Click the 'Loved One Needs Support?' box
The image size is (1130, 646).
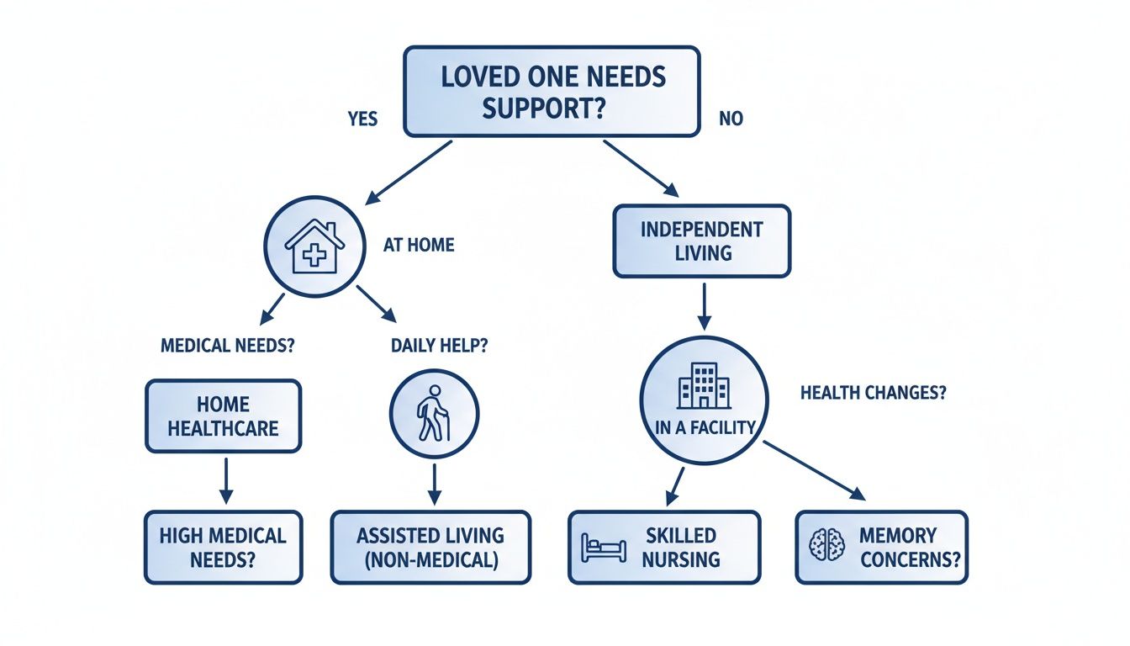click(552, 92)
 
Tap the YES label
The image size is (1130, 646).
click(362, 119)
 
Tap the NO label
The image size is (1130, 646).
click(731, 119)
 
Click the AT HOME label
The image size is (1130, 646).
click(419, 246)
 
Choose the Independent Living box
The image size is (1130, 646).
click(701, 241)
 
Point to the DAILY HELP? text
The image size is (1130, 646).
click(439, 345)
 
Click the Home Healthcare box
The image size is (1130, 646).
click(223, 416)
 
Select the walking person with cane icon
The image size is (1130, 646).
click(434, 414)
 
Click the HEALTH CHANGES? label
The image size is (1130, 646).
click(873, 393)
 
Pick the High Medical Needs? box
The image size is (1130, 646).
click(223, 547)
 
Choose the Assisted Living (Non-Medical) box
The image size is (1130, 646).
click(430, 547)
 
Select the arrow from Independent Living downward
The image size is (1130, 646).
click(705, 305)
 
